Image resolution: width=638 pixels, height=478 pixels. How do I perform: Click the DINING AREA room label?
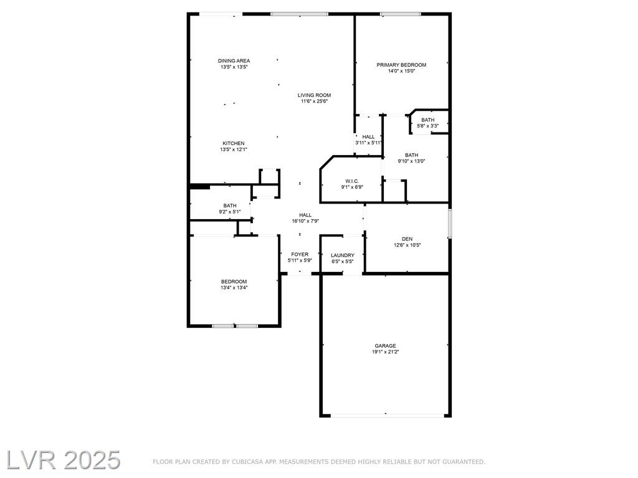click(x=234, y=61)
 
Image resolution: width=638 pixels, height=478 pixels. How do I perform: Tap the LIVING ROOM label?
click(x=314, y=95)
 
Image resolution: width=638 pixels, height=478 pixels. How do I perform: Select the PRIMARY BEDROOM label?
click(x=401, y=65)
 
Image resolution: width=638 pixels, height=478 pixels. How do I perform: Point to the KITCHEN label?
click(x=234, y=144)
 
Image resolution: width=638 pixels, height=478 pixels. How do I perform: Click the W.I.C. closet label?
click(x=352, y=181)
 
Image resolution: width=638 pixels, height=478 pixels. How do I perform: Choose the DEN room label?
click(x=407, y=239)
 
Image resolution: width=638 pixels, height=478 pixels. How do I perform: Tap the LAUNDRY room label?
click(x=343, y=256)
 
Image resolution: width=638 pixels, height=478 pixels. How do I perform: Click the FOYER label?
click(x=300, y=255)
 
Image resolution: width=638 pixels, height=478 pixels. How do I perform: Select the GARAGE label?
click(x=385, y=346)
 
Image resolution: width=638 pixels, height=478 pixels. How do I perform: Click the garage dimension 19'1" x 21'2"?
click(x=385, y=352)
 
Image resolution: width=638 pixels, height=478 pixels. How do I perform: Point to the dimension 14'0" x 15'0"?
click(x=401, y=71)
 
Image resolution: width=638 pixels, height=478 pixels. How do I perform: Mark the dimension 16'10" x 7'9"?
click(x=305, y=221)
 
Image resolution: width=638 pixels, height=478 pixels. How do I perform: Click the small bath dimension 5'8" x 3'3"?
click(x=427, y=126)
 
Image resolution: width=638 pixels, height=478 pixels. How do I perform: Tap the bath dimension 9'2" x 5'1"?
click(x=230, y=212)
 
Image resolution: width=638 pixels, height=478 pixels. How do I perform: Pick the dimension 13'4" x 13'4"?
click(x=234, y=288)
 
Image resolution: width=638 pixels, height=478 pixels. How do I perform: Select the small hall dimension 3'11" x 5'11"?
click(x=368, y=143)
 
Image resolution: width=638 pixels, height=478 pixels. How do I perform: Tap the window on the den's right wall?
click(x=450, y=223)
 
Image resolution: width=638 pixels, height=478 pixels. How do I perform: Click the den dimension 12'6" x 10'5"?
click(x=407, y=245)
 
